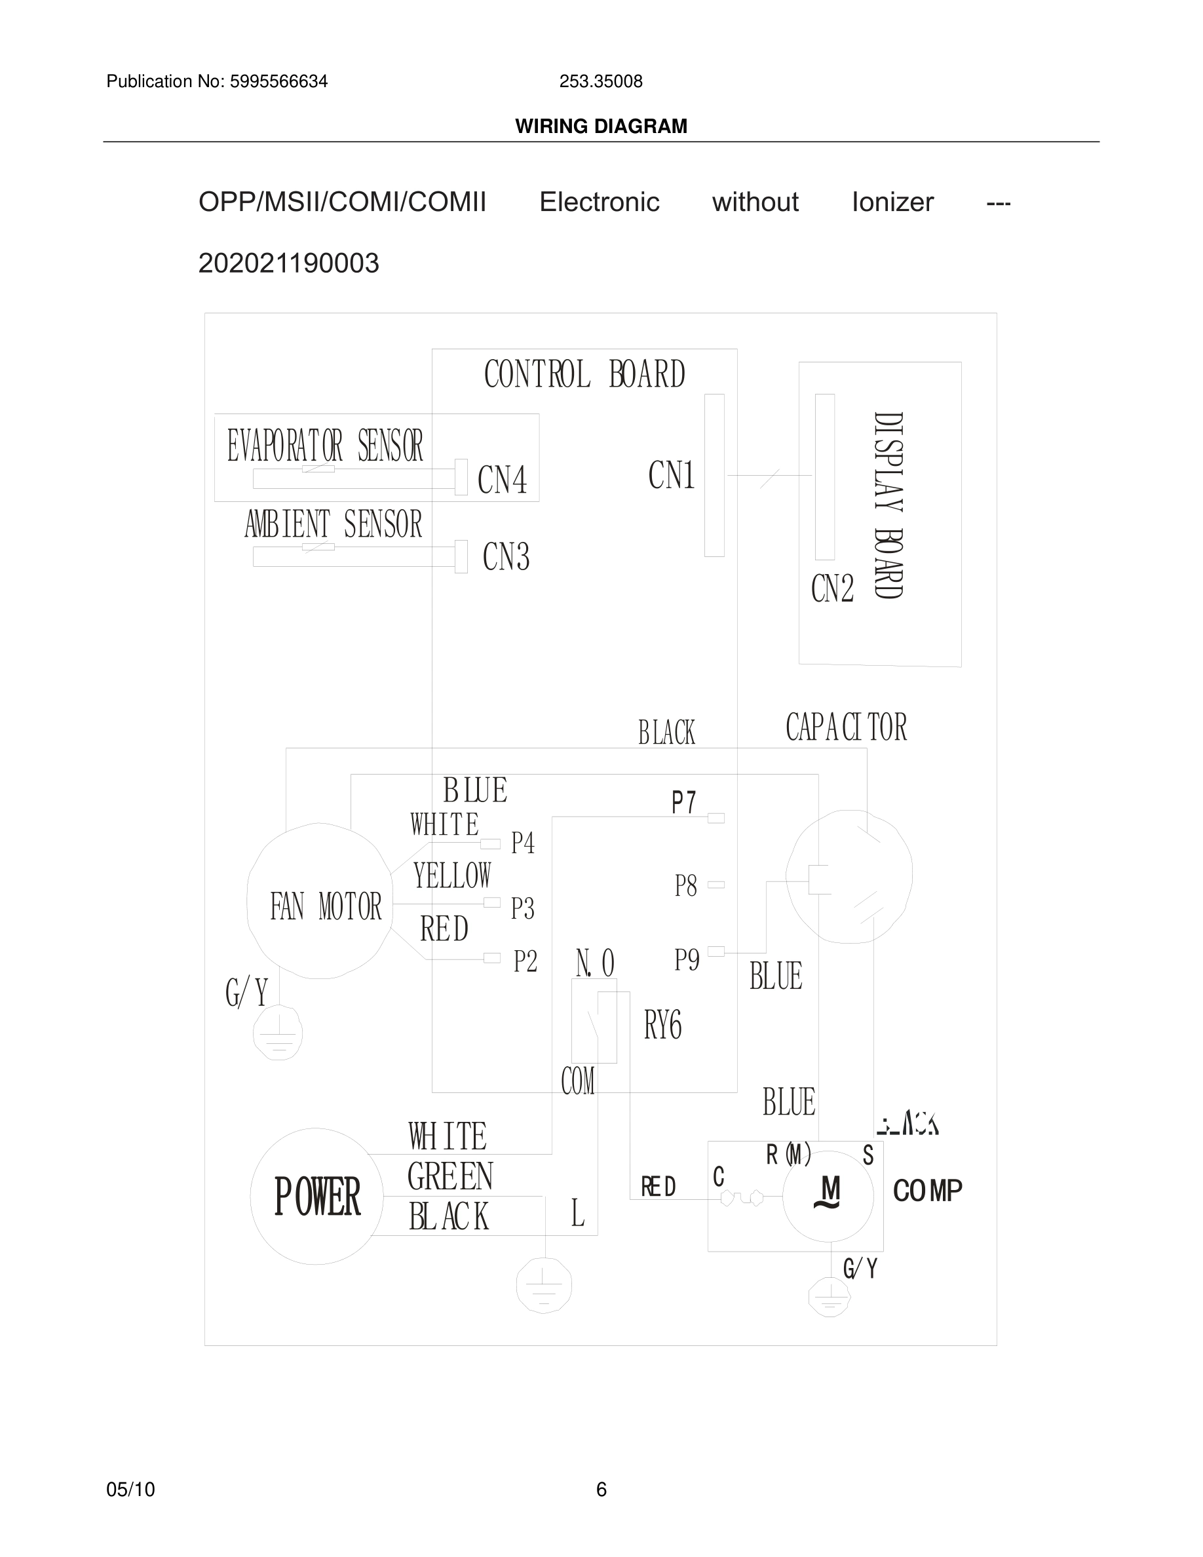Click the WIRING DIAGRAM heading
click(x=601, y=126)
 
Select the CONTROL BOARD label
click(x=584, y=374)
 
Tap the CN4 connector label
click(x=503, y=479)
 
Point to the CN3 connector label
click(x=506, y=557)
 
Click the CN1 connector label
click(x=672, y=475)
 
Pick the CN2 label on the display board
click(x=831, y=589)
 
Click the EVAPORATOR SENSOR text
click(x=325, y=446)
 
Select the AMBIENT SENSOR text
click(x=333, y=525)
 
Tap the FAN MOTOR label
click(x=326, y=907)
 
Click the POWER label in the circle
click(x=317, y=1197)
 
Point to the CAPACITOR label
click(x=846, y=727)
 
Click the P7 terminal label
click(x=683, y=803)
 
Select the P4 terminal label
click(x=523, y=843)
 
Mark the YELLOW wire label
click(x=453, y=875)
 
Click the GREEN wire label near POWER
click(x=450, y=1176)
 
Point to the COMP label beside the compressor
click(x=927, y=1191)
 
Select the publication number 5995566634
click(x=278, y=82)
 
